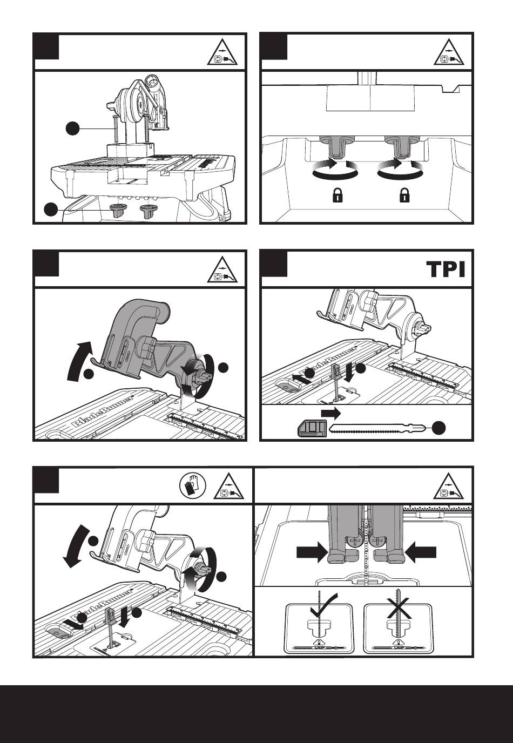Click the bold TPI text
click(x=446, y=269)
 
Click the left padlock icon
click(x=337, y=195)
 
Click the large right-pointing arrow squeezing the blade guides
click(x=312, y=552)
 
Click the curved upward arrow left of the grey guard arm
click(x=78, y=361)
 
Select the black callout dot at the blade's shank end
click(x=438, y=428)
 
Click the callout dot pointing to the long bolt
click(x=72, y=129)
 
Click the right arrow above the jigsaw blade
click(x=330, y=413)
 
